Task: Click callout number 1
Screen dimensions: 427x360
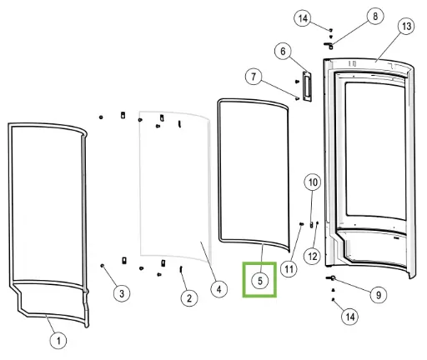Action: [x=58, y=340]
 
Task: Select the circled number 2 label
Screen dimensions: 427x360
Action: [x=189, y=298]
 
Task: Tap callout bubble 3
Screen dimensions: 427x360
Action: [x=122, y=293]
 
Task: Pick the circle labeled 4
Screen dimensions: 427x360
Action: [x=219, y=289]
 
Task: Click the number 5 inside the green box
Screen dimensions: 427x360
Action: [x=260, y=281]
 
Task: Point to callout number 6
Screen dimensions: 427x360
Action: [x=283, y=51]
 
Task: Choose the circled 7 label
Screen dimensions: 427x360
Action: [x=254, y=77]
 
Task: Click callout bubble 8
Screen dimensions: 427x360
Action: [x=375, y=16]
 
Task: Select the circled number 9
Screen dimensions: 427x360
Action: [x=379, y=294]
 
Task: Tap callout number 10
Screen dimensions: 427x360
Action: [x=313, y=182]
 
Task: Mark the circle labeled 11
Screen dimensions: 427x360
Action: [x=289, y=268]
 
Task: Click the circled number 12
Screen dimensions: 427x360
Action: [x=313, y=256]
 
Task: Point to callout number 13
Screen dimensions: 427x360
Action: [x=406, y=27]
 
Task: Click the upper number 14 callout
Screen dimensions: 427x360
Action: [x=303, y=18]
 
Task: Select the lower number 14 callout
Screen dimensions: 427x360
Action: [x=350, y=317]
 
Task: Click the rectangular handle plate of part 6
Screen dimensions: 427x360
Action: [x=306, y=86]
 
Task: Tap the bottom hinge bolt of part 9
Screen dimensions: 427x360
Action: [x=330, y=277]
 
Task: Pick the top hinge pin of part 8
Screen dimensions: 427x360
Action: [x=329, y=45]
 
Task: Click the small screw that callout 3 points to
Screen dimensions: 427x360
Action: [x=103, y=266]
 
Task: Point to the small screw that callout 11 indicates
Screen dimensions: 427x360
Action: [x=301, y=223]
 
